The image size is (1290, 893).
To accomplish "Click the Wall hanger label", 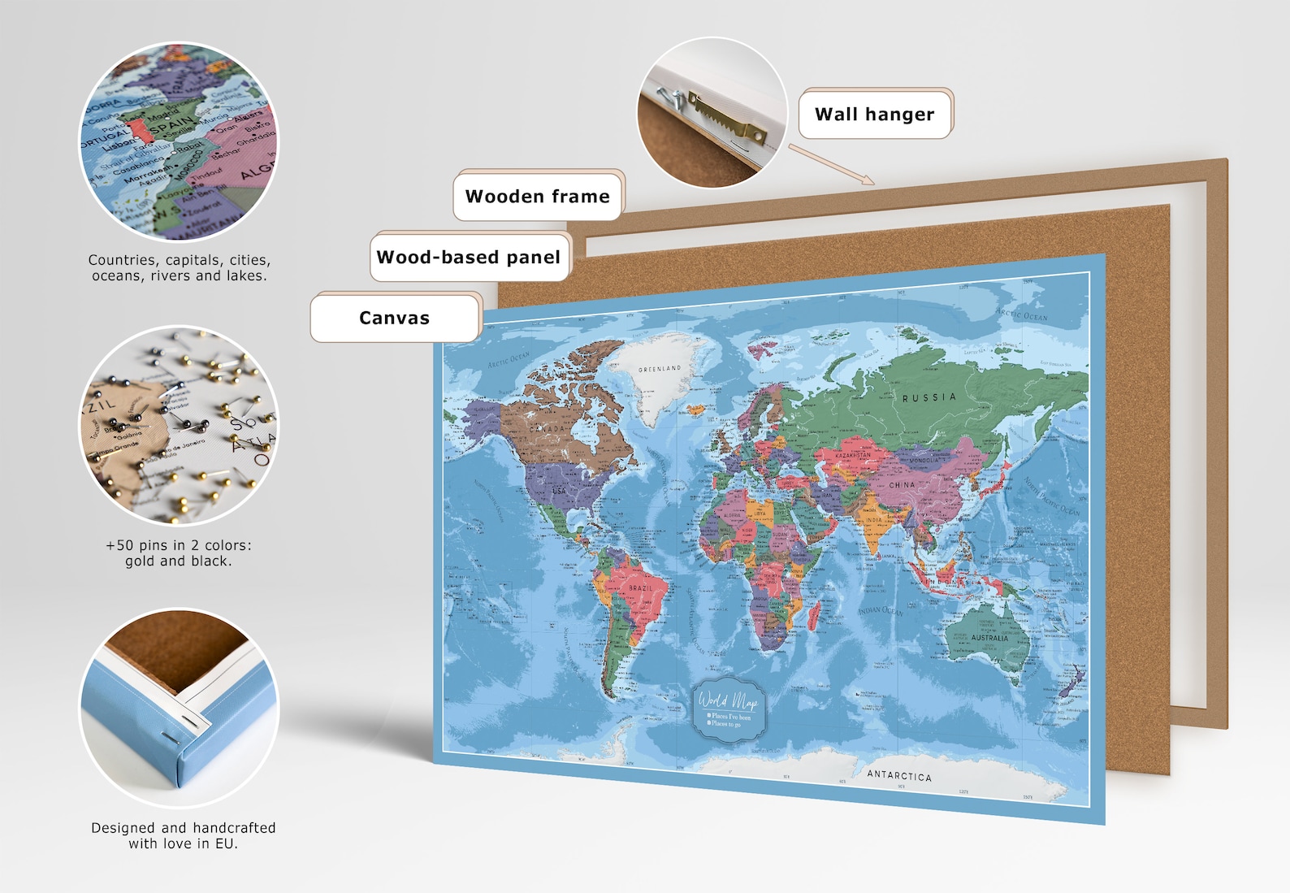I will tap(874, 114).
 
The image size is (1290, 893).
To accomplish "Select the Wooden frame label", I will tap(537, 196).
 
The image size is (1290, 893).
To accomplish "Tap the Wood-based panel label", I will tap(469, 257).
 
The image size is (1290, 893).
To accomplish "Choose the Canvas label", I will tap(394, 318).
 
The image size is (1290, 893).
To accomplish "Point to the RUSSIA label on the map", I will tap(929, 397).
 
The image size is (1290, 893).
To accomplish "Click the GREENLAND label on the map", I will tap(660, 369).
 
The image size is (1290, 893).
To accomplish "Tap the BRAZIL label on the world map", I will tap(640, 587).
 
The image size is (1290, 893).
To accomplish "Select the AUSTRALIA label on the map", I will tap(989, 638).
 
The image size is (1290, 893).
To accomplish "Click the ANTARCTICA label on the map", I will tap(899, 775).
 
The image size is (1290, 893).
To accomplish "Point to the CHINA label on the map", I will tap(902, 485).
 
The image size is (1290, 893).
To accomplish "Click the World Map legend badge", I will tap(728, 704).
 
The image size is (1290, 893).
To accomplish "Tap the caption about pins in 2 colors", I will tap(179, 553).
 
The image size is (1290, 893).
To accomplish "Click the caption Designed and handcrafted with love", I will tap(183, 835).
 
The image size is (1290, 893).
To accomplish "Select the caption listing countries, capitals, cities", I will tap(180, 267).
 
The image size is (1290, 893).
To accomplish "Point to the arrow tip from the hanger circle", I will tap(872, 182).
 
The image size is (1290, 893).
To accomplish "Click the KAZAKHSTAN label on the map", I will tap(853, 456).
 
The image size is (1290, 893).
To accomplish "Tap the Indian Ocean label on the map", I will tap(881, 610).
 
